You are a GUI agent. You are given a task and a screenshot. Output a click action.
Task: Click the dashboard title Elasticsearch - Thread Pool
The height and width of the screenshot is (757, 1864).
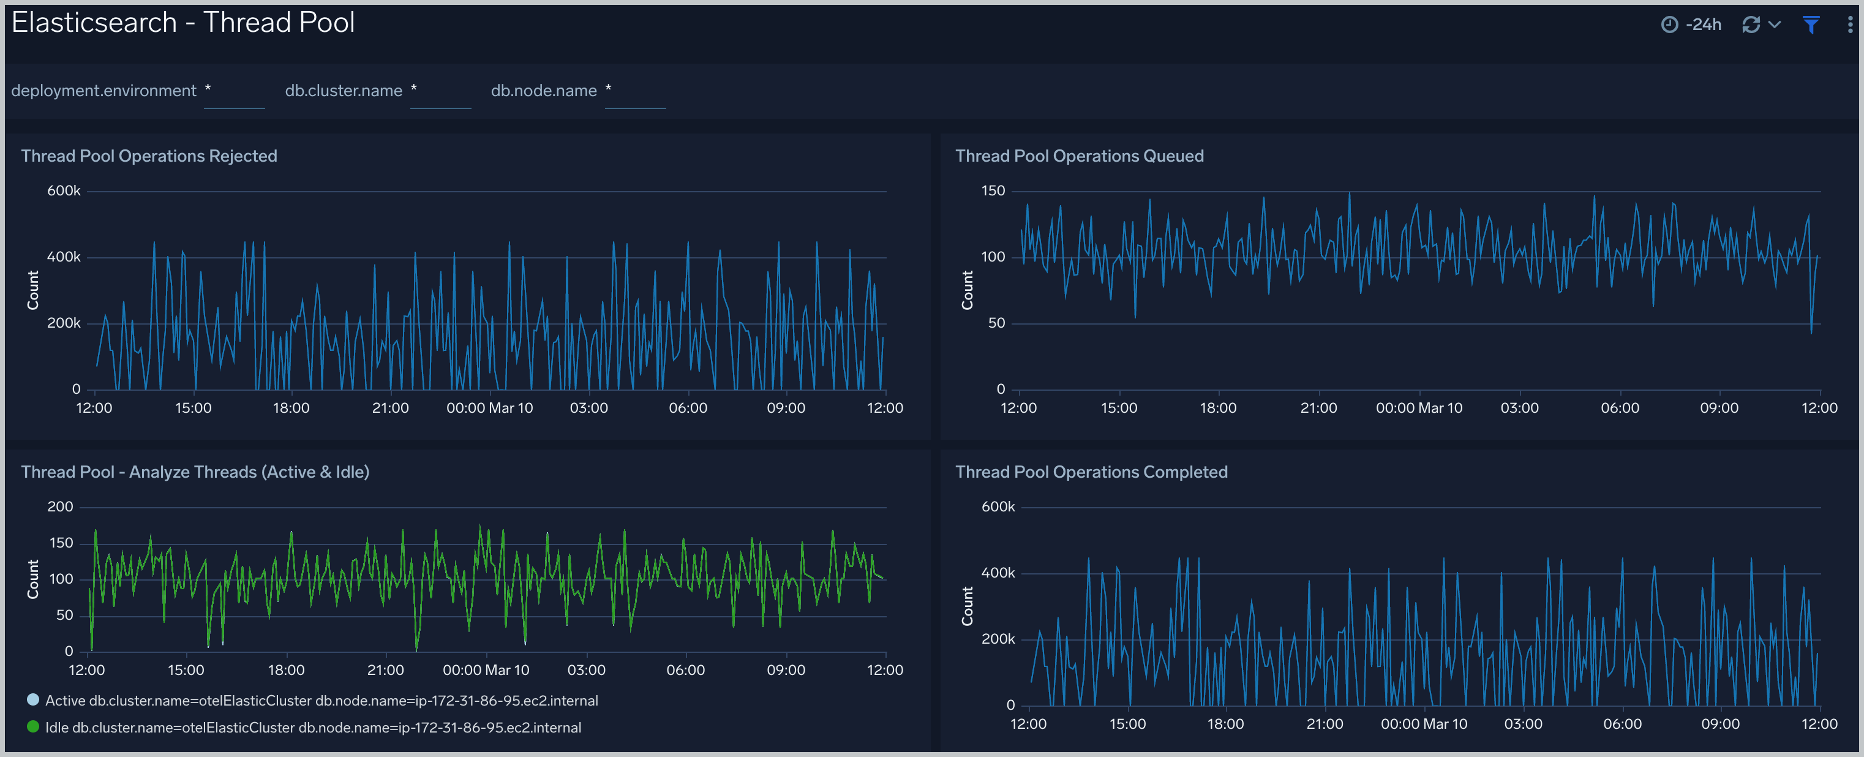click(183, 23)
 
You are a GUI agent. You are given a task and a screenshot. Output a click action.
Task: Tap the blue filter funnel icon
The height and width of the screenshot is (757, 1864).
click(1811, 25)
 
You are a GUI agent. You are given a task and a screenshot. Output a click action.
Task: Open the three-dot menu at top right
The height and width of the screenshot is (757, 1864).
click(1849, 25)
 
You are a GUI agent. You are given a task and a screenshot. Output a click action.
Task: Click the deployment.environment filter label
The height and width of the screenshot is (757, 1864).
click(103, 91)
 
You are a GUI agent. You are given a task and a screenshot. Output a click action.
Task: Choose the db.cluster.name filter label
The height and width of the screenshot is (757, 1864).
click(343, 91)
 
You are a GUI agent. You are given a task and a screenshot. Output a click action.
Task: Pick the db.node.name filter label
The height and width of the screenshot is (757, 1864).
click(543, 91)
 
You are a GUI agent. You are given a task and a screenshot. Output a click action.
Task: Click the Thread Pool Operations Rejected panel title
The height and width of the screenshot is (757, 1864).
click(149, 156)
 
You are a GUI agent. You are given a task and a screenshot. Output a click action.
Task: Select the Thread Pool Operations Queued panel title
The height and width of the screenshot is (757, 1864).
click(1079, 156)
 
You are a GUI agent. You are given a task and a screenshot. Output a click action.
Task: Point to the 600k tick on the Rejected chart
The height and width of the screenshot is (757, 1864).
click(64, 191)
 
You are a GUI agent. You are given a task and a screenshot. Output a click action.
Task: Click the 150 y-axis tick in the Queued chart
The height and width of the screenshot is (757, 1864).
click(993, 191)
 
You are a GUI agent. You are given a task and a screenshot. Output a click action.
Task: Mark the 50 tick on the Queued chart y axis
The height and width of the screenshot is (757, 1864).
click(996, 323)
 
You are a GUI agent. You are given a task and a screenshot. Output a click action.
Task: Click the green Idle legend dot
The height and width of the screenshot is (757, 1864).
click(32, 726)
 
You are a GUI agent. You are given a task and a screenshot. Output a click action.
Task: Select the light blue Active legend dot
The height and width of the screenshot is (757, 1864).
click(32, 700)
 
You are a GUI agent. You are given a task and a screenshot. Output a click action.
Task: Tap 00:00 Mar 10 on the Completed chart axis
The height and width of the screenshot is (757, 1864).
click(1423, 725)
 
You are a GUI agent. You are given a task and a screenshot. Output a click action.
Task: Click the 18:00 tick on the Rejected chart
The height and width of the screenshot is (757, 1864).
click(291, 408)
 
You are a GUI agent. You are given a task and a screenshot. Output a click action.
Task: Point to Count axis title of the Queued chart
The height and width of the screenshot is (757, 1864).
click(967, 290)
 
